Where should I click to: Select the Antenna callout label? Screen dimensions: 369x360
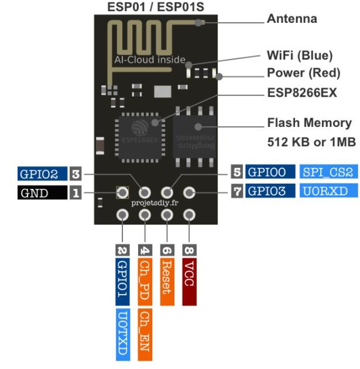click(x=292, y=19)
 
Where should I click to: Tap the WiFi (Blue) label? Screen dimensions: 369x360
click(x=299, y=56)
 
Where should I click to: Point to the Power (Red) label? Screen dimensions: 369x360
click(x=303, y=74)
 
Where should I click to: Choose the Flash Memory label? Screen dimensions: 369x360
click(x=309, y=123)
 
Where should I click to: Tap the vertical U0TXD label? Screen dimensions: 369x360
click(x=123, y=333)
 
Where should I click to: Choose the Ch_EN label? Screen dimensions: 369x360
click(x=145, y=333)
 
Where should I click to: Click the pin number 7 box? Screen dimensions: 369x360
click(x=237, y=191)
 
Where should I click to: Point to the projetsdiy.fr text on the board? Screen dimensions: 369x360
click(x=156, y=203)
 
